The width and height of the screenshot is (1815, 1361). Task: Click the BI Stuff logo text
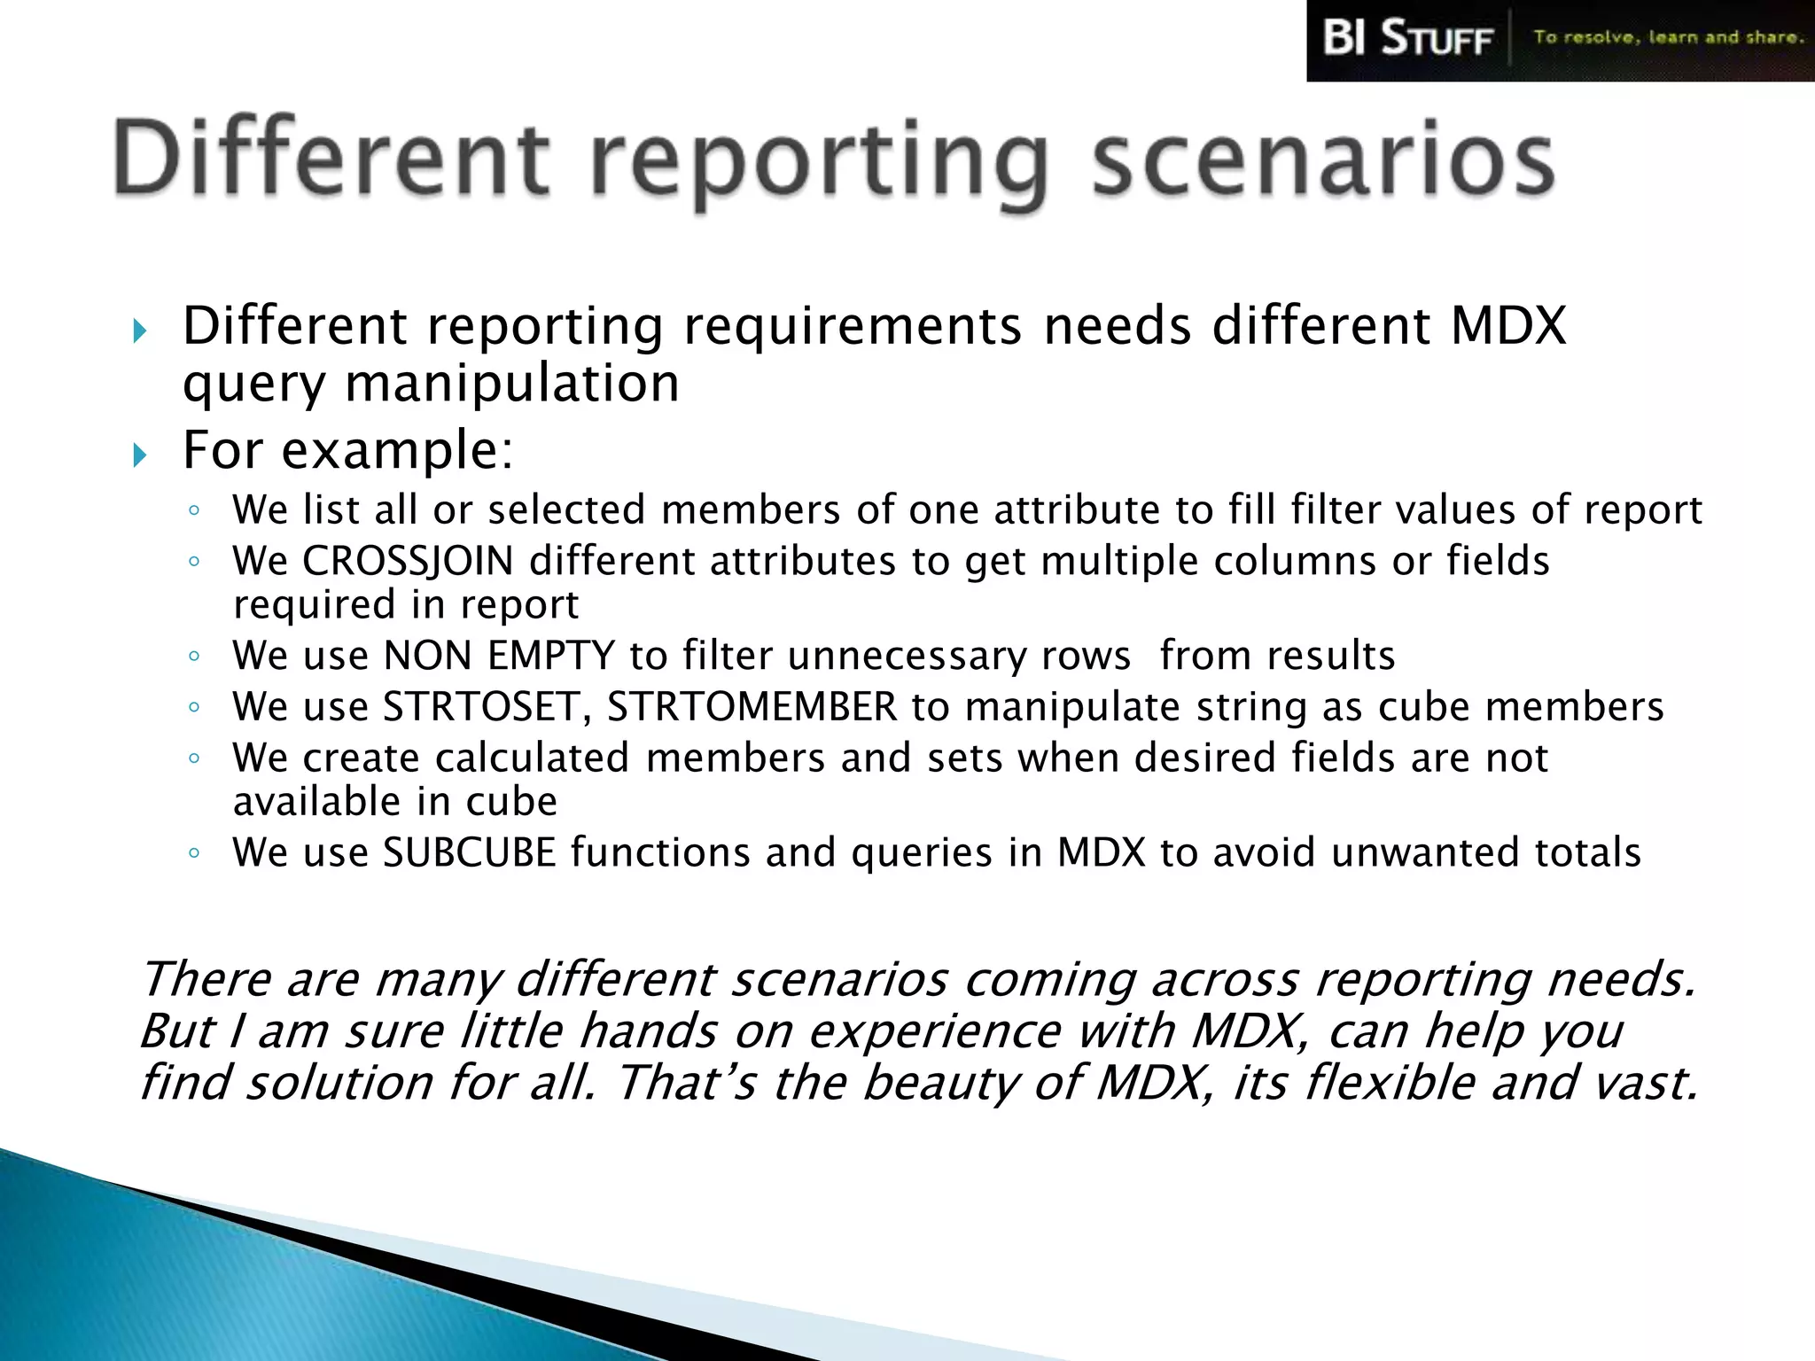pyautogui.click(x=1406, y=39)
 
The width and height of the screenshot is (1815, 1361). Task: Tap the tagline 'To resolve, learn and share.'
pyautogui.click(x=1668, y=37)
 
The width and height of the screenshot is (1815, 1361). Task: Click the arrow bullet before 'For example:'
pyautogui.click(x=139, y=455)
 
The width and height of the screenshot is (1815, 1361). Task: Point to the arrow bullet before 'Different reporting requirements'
pyautogui.click(x=139, y=331)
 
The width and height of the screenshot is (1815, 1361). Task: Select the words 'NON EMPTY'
pyautogui.click(x=499, y=657)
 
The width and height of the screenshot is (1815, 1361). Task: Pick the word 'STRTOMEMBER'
pyautogui.click(x=752, y=707)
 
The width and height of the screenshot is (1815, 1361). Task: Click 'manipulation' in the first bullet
pyautogui.click(x=511, y=384)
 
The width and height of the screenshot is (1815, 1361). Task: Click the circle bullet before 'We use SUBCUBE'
pyautogui.click(x=194, y=853)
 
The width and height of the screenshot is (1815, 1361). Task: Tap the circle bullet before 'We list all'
pyautogui.click(x=194, y=510)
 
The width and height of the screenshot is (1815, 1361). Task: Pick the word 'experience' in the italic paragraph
pyautogui.click(x=934, y=1031)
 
